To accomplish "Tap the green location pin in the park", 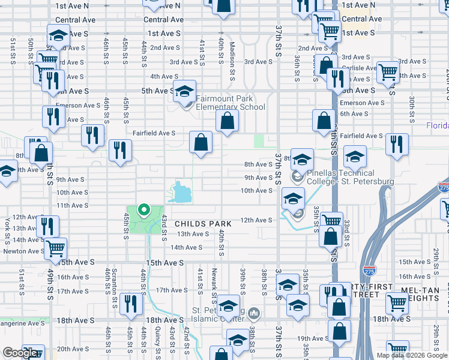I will pyautogui.click(x=143, y=210).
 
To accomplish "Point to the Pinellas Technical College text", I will pyautogui.click(x=351, y=178).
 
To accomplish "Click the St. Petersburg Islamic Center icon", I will pyautogui.click(x=254, y=313).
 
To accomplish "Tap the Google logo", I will pyautogui.click(x=19, y=353).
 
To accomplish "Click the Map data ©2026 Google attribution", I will pyautogui.click(x=412, y=355).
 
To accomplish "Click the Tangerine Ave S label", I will pyautogui.click(x=22, y=323).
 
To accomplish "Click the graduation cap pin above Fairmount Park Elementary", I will pyautogui.click(x=185, y=91).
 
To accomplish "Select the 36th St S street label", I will pyautogui.click(x=297, y=67).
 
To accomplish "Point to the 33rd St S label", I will pyautogui.click(x=347, y=232).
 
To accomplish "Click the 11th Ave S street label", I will pyautogui.click(x=72, y=205).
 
